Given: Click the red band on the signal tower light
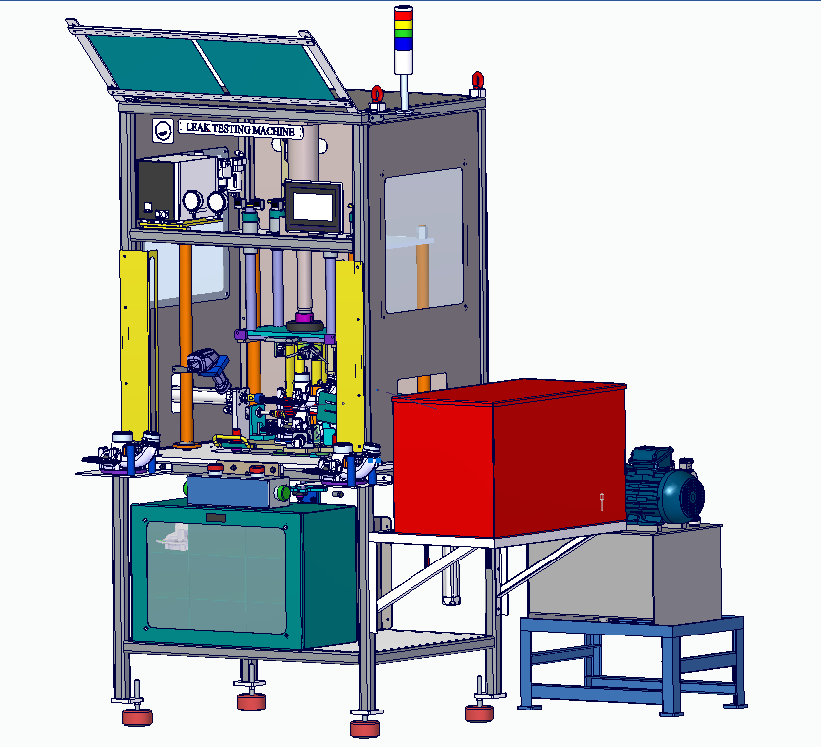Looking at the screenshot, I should [x=403, y=15].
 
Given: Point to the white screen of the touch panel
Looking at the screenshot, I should [x=312, y=206].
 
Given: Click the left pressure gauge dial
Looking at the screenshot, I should [x=191, y=202].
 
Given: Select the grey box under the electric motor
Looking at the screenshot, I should [x=632, y=577].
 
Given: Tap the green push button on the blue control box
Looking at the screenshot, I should [x=283, y=490].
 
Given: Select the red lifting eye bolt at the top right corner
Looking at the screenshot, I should [x=477, y=80].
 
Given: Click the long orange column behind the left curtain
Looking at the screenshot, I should [x=186, y=336].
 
